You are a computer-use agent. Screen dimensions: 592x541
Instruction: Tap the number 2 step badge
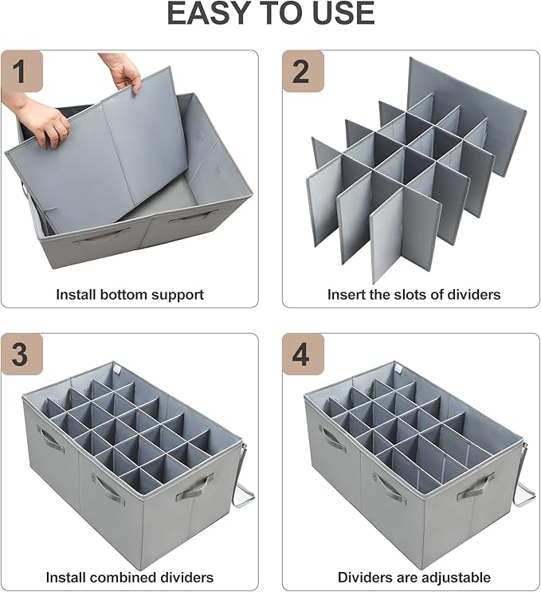click(303, 72)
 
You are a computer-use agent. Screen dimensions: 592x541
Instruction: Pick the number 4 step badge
click(303, 355)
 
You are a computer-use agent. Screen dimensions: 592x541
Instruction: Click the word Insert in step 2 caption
click(346, 294)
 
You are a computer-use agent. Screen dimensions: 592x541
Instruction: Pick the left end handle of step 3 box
click(49, 439)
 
